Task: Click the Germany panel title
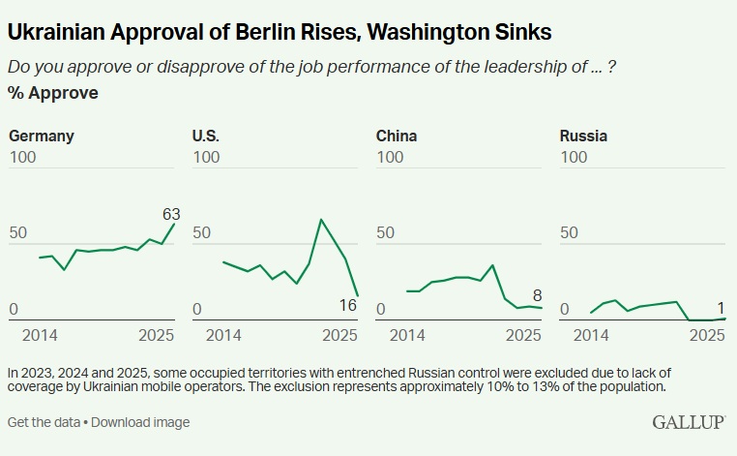point(42,136)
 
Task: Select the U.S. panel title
point(205,136)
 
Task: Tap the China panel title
point(397,136)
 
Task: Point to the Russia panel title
point(583,136)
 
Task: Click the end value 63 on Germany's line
point(171,214)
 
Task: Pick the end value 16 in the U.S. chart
point(348,306)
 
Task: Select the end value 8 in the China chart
point(537,295)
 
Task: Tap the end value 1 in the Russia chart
point(720,305)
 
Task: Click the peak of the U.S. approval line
point(320,220)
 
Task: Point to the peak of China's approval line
point(493,264)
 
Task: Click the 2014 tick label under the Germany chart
point(39,335)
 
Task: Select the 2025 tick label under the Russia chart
point(707,335)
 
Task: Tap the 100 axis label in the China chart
point(390,157)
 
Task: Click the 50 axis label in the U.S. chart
point(201,233)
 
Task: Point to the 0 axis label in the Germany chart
point(14,310)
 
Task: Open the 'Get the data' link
point(44,422)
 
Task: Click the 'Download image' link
point(140,422)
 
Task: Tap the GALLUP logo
point(690,422)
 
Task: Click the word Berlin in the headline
point(244,32)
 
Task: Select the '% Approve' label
point(52,93)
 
